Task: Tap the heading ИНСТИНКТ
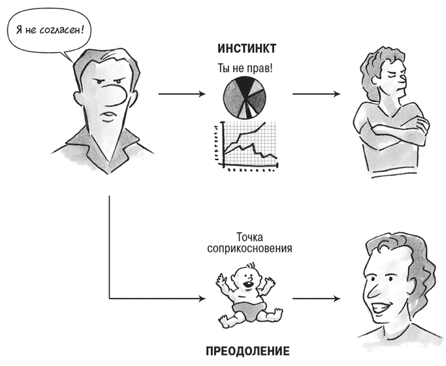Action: click(x=247, y=48)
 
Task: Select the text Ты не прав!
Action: click(x=245, y=69)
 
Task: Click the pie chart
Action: click(x=244, y=98)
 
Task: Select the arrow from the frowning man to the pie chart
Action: click(x=182, y=94)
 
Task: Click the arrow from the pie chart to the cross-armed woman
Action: click(x=316, y=94)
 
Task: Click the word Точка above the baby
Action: click(x=249, y=237)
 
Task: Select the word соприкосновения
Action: click(x=249, y=248)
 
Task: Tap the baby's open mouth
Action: click(x=248, y=284)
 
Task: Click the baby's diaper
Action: click(x=248, y=310)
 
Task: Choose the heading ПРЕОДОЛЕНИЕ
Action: click(x=247, y=351)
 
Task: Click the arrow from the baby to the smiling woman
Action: click(x=316, y=299)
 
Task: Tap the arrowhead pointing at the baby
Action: click(x=202, y=299)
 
